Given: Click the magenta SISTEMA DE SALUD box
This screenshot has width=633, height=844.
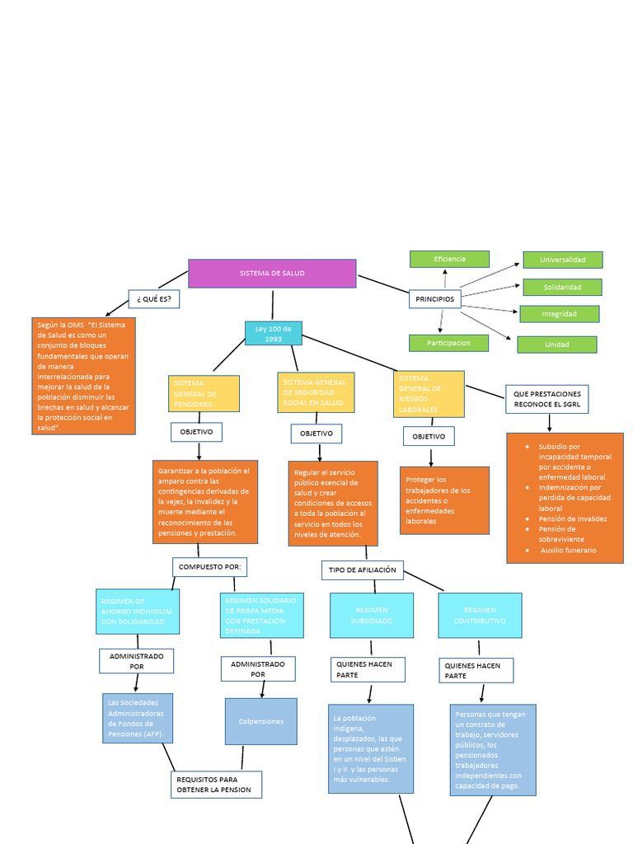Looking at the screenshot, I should pyautogui.click(x=272, y=273).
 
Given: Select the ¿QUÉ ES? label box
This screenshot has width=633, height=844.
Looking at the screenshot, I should pyautogui.click(x=154, y=298).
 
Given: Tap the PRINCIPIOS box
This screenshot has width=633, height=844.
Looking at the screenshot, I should pyautogui.click(x=434, y=298).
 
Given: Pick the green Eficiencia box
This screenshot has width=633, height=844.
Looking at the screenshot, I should pyautogui.click(x=449, y=259).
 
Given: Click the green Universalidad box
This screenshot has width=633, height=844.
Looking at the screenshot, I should pyautogui.click(x=562, y=260).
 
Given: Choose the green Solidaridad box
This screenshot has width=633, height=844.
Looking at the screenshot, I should pyautogui.click(x=562, y=287).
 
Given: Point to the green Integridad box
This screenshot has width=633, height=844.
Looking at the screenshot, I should pyautogui.click(x=559, y=314).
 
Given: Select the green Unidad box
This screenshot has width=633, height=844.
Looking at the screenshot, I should pyautogui.click(x=557, y=345).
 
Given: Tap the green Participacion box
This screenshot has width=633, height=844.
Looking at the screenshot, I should pyautogui.click(x=448, y=343).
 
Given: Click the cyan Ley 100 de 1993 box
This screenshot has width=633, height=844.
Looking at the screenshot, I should pyautogui.click(x=274, y=333).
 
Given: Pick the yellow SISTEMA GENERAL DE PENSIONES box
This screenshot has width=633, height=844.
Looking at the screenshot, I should pyautogui.click(x=204, y=393).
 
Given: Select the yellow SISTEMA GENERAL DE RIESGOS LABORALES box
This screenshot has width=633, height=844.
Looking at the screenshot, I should pyautogui.click(x=429, y=393).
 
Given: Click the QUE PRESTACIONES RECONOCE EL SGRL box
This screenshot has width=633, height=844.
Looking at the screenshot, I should pyautogui.click(x=546, y=399).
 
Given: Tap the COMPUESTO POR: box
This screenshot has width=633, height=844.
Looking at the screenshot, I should pyautogui.click(x=210, y=567).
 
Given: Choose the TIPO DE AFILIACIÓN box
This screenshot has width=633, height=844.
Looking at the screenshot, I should pyautogui.click(x=362, y=570).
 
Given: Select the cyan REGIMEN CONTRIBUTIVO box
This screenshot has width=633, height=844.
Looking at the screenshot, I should pyautogui.click(x=480, y=615).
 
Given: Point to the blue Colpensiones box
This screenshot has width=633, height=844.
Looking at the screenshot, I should pyautogui.click(x=261, y=721).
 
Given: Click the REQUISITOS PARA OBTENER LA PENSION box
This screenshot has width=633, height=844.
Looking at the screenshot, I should pyautogui.click(x=217, y=785).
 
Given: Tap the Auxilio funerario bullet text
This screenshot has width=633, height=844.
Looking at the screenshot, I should pyautogui.click(x=568, y=550).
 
